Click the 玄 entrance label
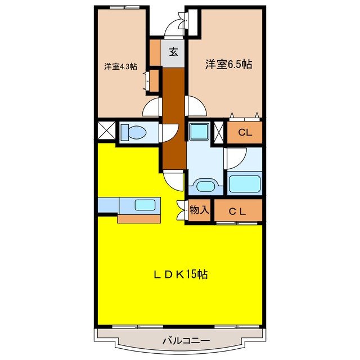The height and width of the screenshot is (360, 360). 174,52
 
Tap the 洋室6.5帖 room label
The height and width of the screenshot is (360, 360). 228,65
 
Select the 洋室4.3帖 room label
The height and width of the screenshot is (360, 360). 120,66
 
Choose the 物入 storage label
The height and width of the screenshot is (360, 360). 199,210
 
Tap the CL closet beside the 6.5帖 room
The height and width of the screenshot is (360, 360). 244,133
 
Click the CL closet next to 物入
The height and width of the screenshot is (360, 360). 238,211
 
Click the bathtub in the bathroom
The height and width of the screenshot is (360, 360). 244,183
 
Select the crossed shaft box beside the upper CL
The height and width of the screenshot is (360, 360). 219,133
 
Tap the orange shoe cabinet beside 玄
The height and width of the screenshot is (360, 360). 155,52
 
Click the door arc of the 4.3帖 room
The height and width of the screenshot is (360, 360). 152,108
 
